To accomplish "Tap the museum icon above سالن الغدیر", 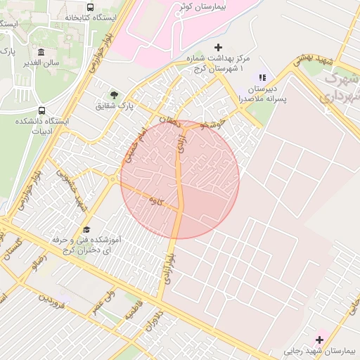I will (41, 53).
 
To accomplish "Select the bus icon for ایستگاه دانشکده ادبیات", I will (41, 111).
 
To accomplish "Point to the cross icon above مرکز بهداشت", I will (217, 47).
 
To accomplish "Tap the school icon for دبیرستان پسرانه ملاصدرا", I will (262, 77).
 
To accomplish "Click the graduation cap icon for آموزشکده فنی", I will (86, 229).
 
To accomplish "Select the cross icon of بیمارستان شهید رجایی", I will (319, 339).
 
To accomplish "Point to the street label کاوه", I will (155, 201).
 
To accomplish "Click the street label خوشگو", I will (213, 124).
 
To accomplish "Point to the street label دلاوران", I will (154, 322).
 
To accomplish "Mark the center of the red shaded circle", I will (180, 179).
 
